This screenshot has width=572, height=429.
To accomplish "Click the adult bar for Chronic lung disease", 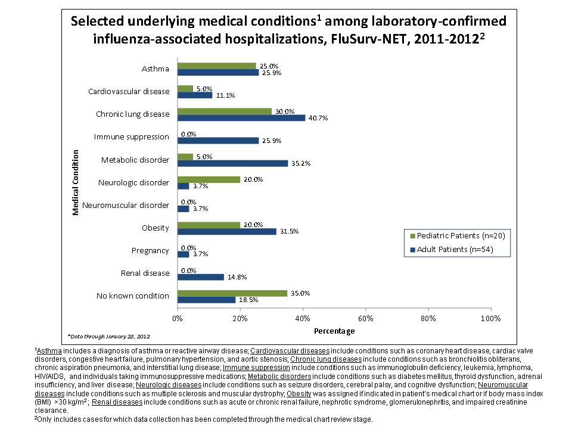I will tap(241, 117).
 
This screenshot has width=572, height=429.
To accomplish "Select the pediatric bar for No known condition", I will tap(232, 293).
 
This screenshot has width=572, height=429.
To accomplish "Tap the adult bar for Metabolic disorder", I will tap(232, 163).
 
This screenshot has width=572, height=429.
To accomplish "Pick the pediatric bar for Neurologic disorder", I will tap(209, 179).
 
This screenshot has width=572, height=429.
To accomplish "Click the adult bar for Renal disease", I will tap(201, 276).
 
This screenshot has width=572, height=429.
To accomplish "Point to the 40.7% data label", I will tap(317, 118).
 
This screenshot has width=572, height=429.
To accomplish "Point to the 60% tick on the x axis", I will tap(365, 318).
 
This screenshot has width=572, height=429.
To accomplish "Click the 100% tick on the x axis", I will tap(490, 318).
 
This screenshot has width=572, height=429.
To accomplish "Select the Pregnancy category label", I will tap(150, 251).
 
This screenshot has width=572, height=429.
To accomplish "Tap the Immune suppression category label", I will tap(132, 137).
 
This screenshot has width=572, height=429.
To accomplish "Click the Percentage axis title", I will tap(334, 331).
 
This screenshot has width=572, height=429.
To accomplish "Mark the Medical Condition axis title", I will tap(76, 182).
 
